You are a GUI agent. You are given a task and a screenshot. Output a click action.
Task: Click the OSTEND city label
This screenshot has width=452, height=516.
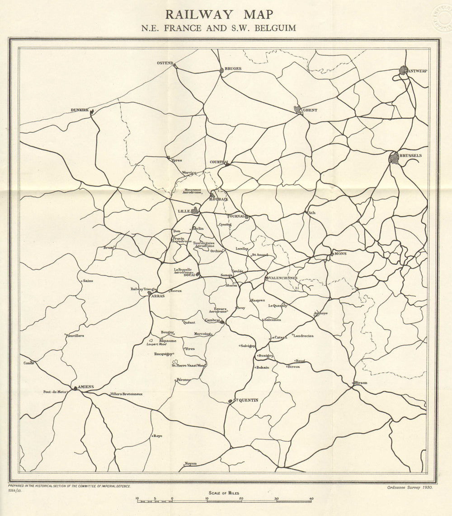click(x=165, y=63)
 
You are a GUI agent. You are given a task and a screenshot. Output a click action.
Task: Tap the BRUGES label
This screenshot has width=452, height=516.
click(x=233, y=69)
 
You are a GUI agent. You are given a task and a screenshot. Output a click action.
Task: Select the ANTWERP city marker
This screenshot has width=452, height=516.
click(x=404, y=70)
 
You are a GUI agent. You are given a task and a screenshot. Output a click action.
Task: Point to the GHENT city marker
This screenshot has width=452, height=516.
click(x=297, y=109)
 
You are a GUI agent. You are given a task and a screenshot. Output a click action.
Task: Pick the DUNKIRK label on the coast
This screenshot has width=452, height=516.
click(x=80, y=110)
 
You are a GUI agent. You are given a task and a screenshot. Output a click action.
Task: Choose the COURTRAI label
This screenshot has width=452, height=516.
click(x=220, y=162)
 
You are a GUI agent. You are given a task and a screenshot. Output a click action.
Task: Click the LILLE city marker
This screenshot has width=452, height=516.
click(x=195, y=210)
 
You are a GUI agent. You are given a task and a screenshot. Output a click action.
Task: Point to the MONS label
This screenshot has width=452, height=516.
click(x=340, y=254)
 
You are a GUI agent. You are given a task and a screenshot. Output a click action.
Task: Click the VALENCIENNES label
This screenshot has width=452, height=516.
click(x=283, y=278)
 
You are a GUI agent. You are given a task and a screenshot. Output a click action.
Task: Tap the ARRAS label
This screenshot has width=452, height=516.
click(x=158, y=296)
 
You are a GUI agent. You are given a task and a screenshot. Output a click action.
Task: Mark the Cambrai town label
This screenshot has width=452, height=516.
click(x=212, y=320)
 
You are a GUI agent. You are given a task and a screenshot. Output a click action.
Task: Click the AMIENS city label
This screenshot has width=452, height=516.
click(x=85, y=387)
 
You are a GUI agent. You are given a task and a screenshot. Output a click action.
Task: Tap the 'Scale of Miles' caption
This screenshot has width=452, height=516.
click(x=224, y=493)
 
